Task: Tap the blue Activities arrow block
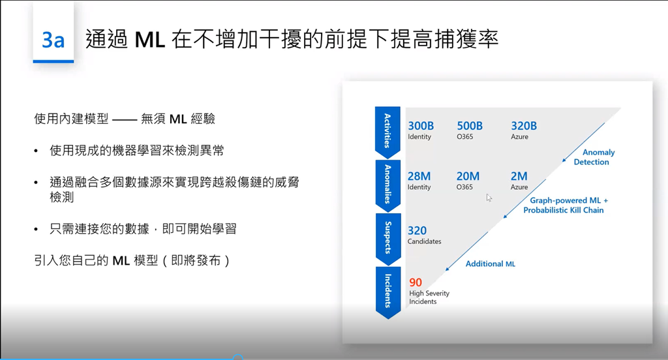coord(387,132)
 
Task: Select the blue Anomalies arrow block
coord(387,185)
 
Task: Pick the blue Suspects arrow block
coord(387,238)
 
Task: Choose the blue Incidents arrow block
coord(387,292)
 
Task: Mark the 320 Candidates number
coord(417,230)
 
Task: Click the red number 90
coord(416,282)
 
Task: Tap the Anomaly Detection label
coord(594,157)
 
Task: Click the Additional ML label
coord(491,263)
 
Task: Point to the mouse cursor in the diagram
coord(489,198)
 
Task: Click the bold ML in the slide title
coord(150,40)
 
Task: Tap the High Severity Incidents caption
coord(429,297)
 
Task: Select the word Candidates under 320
coord(424,241)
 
